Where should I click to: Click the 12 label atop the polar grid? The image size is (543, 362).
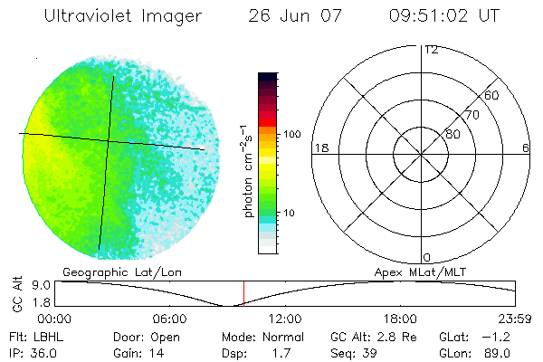[x=431, y=50]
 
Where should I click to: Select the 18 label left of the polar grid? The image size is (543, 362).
[x=319, y=148]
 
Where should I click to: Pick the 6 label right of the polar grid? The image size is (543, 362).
[x=525, y=148]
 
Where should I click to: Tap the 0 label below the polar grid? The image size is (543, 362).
[x=427, y=257]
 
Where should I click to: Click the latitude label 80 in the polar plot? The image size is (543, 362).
[x=452, y=134]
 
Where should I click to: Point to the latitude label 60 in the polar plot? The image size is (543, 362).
[x=492, y=95]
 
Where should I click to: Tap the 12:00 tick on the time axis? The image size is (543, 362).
[x=286, y=319]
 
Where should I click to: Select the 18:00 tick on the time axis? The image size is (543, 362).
[x=400, y=319]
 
